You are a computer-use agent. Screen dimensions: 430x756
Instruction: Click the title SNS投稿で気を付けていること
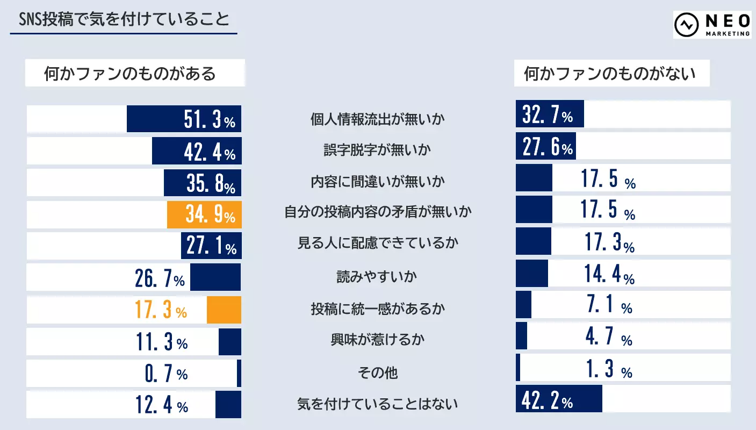click(124, 20)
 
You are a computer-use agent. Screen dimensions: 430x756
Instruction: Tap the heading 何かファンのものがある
click(130, 73)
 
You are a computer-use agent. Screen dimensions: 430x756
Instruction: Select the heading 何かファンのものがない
click(610, 73)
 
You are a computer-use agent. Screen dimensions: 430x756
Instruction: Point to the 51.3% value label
click(210, 120)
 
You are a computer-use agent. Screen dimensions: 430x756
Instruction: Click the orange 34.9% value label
click(210, 215)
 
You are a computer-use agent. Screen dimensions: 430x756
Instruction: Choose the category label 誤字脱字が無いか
click(378, 150)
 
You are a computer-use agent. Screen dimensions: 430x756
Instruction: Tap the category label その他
click(378, 372)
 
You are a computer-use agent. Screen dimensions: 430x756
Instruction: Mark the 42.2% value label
click(548, 400)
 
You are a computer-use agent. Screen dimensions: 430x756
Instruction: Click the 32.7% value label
click(548, 114)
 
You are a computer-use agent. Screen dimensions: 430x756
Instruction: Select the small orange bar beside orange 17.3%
click(224, 310)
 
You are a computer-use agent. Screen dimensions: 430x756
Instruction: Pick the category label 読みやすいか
click(378, 276)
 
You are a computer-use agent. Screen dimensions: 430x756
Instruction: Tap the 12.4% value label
click(162, 405)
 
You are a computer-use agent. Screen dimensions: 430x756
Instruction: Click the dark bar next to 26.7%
click(215, 277)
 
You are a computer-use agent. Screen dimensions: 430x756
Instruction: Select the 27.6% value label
click(548, 147)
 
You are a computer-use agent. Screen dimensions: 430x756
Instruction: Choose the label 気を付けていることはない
click(378, 404)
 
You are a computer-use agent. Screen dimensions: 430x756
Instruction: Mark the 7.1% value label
click(609, 306)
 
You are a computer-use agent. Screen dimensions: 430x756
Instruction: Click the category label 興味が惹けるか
click(378, 340)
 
